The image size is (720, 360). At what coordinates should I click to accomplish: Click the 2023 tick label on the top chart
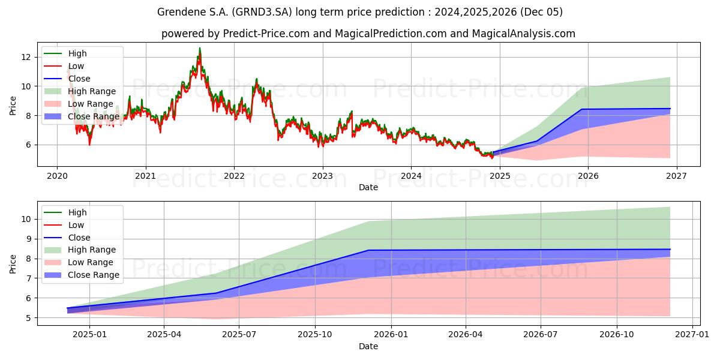(x=323, y=176)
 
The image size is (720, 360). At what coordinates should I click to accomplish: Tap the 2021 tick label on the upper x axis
(x=146, y=176)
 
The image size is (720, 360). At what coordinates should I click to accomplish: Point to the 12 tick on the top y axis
(x=26, y=57)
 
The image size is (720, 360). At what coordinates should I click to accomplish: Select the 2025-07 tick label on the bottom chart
(x=239, y=335)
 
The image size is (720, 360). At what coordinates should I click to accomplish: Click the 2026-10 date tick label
(x=617, y=335)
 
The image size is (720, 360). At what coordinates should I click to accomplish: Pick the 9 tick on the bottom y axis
(x=29, y=239)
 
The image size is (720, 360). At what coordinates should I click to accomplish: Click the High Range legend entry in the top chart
(x=80, y=91)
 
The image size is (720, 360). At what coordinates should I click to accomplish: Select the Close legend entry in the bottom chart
(x=67, y=238)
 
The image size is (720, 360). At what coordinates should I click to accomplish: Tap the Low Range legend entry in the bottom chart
(x=79, y=262)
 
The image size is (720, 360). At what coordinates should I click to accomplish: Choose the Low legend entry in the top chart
(x=64, y=66)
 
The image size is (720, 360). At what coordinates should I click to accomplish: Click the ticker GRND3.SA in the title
(x=262, y=12)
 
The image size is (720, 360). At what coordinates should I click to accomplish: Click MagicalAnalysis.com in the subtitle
(x=524, y=34)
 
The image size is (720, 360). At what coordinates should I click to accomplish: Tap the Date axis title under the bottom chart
(x=368, y=347)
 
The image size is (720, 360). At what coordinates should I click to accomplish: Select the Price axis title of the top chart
(x=13, y=106)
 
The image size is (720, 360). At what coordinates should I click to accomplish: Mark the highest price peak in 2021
(x=200, y=48)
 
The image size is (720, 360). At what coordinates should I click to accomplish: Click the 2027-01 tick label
(x=692, y=335)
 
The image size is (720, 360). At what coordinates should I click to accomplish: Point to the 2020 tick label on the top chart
(x=57, y=176)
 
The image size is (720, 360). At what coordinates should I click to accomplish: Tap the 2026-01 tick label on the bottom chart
(x=391, y=335)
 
